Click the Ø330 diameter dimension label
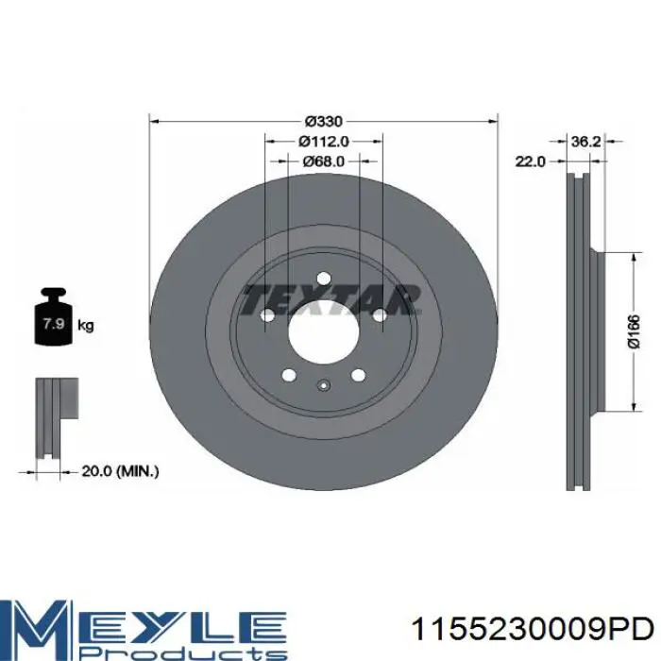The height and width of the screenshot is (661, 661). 324,122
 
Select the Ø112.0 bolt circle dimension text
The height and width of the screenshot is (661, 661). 324,142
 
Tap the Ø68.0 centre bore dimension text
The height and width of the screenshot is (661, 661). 324,161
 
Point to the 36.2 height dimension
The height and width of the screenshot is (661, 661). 585,142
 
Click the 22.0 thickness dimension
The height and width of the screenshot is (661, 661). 531,161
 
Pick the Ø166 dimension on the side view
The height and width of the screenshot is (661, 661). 634,331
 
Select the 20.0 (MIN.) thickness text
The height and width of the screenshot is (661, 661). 120,471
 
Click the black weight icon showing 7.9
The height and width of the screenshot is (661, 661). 53,316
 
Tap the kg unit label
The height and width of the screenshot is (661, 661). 86,326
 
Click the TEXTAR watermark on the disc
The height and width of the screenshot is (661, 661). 331,300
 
